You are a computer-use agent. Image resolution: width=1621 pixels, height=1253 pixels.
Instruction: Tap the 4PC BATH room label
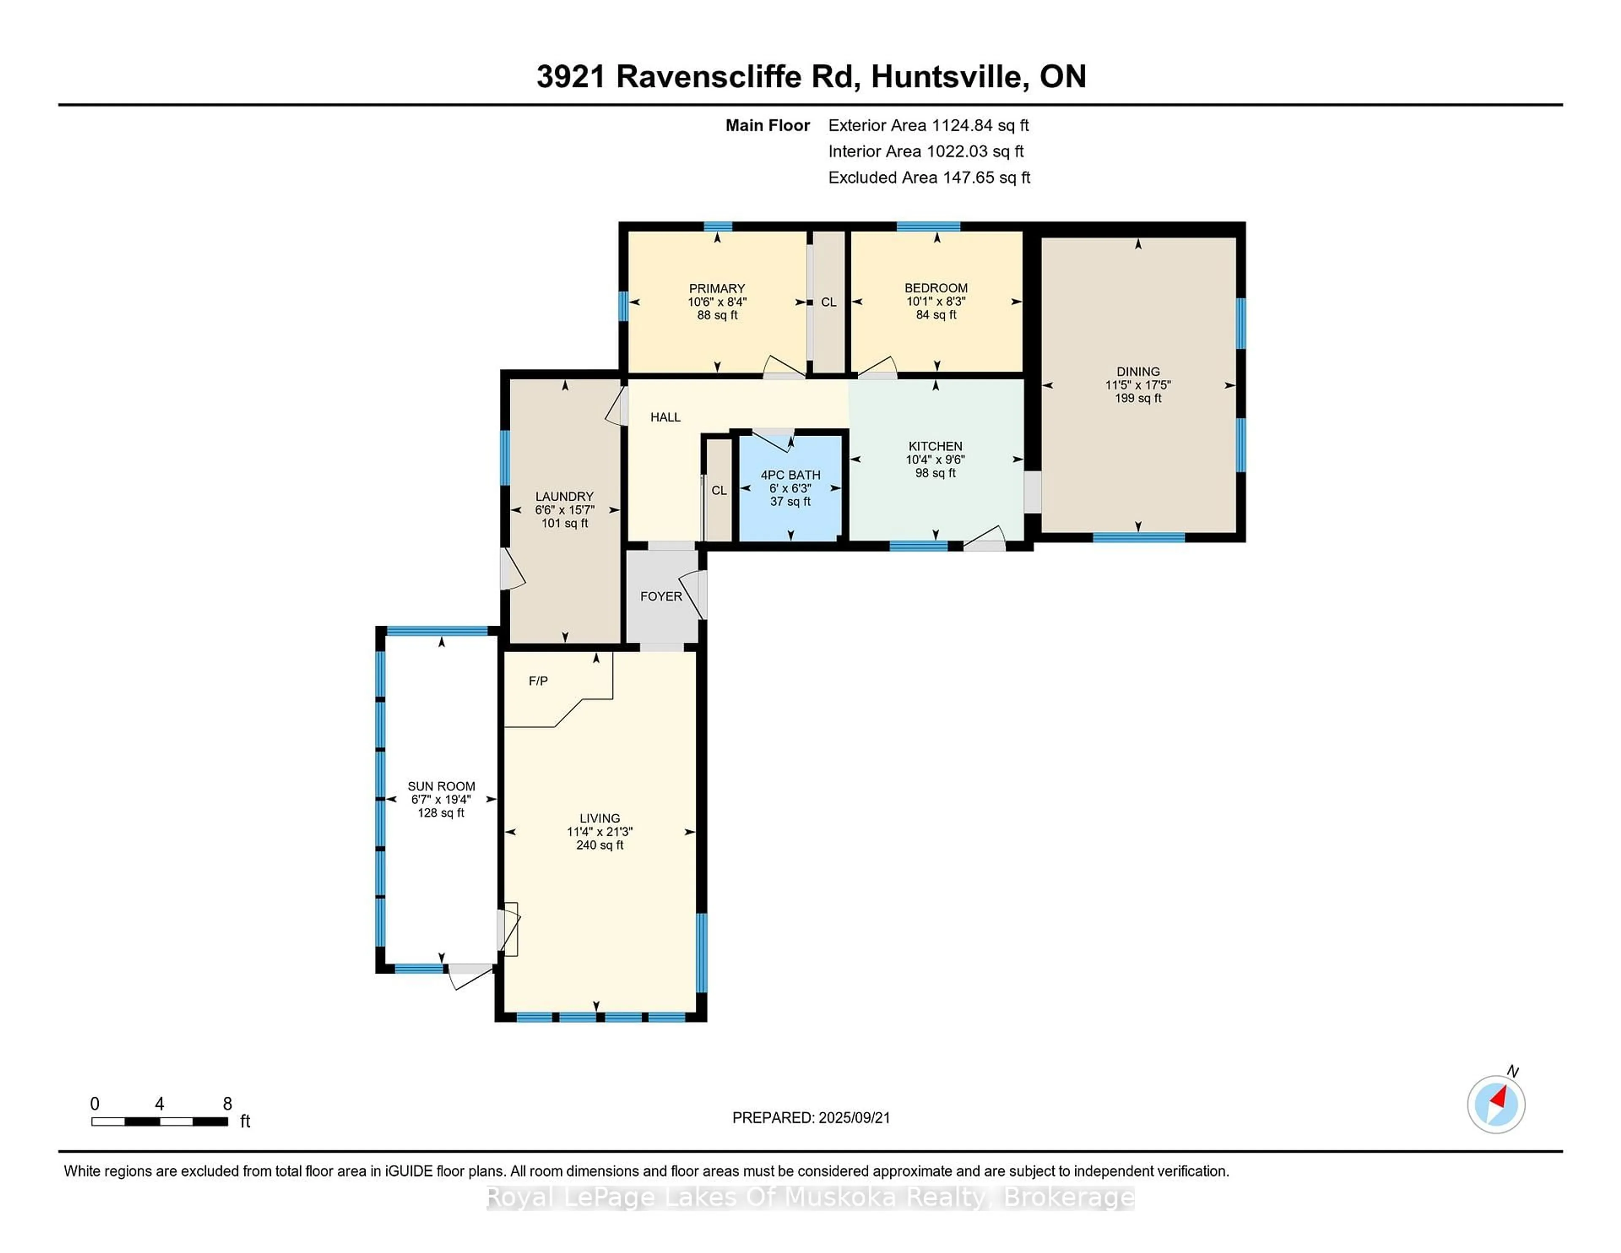coord(791,475)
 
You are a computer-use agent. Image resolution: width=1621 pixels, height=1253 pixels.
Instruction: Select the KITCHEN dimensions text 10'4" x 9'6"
coord(935,459)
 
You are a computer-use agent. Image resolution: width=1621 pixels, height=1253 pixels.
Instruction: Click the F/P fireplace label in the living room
coord(538,681)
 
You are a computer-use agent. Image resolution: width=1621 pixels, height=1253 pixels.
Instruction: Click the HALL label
coord(665,417)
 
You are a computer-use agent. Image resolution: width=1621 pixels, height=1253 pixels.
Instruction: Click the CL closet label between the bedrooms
coord(828,302)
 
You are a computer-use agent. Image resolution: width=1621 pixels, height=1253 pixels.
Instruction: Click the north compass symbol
coord(1496,1104)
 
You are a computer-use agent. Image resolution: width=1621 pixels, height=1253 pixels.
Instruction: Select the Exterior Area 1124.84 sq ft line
coord(928,125)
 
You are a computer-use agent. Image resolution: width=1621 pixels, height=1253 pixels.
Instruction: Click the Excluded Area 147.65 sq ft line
coord(929,177)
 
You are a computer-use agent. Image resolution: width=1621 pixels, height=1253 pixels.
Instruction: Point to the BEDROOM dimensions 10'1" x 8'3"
coord(936,301)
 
